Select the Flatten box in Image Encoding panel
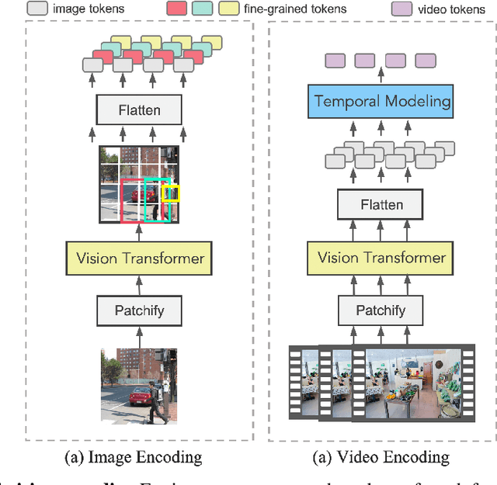pyautogui.click(x=138, y=110)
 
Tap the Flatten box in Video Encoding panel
pyautogui.click(x=381, y=205)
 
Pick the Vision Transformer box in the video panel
pyautogui.click(x=381, y=258)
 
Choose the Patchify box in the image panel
pyautogui.click(x=140, y=310)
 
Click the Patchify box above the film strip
pyautogui.click(x=381, y=310)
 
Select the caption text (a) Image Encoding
pyautogui.click(x=134, y=457)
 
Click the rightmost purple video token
pyautogui.click(x=425, y=60)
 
